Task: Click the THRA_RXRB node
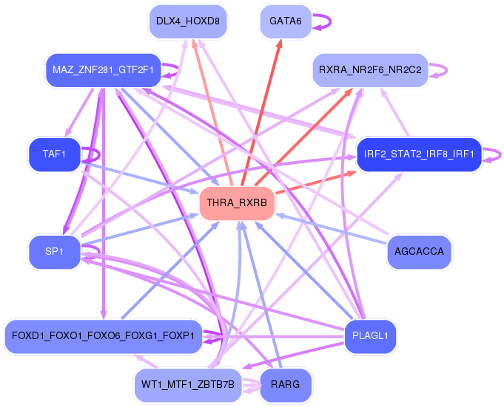tap(237, 203)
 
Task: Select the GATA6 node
tap(285, 21)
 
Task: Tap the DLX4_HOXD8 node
tap(187, 21)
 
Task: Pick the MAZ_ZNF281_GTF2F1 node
tap(103, 70)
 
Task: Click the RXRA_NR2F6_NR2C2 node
tap(370, 70)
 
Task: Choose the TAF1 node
tap(54, 154)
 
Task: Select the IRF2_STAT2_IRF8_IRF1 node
tap(419, 154)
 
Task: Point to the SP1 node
tap(54, 252)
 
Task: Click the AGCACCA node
tap(419, 252)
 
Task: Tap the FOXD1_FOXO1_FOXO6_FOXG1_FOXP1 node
tap(103, 336)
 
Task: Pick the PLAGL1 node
tap(370, 336)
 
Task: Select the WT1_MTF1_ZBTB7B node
tap(187, 385)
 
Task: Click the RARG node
tap(285, 385)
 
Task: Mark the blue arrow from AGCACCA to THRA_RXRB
tap(333, 229)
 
